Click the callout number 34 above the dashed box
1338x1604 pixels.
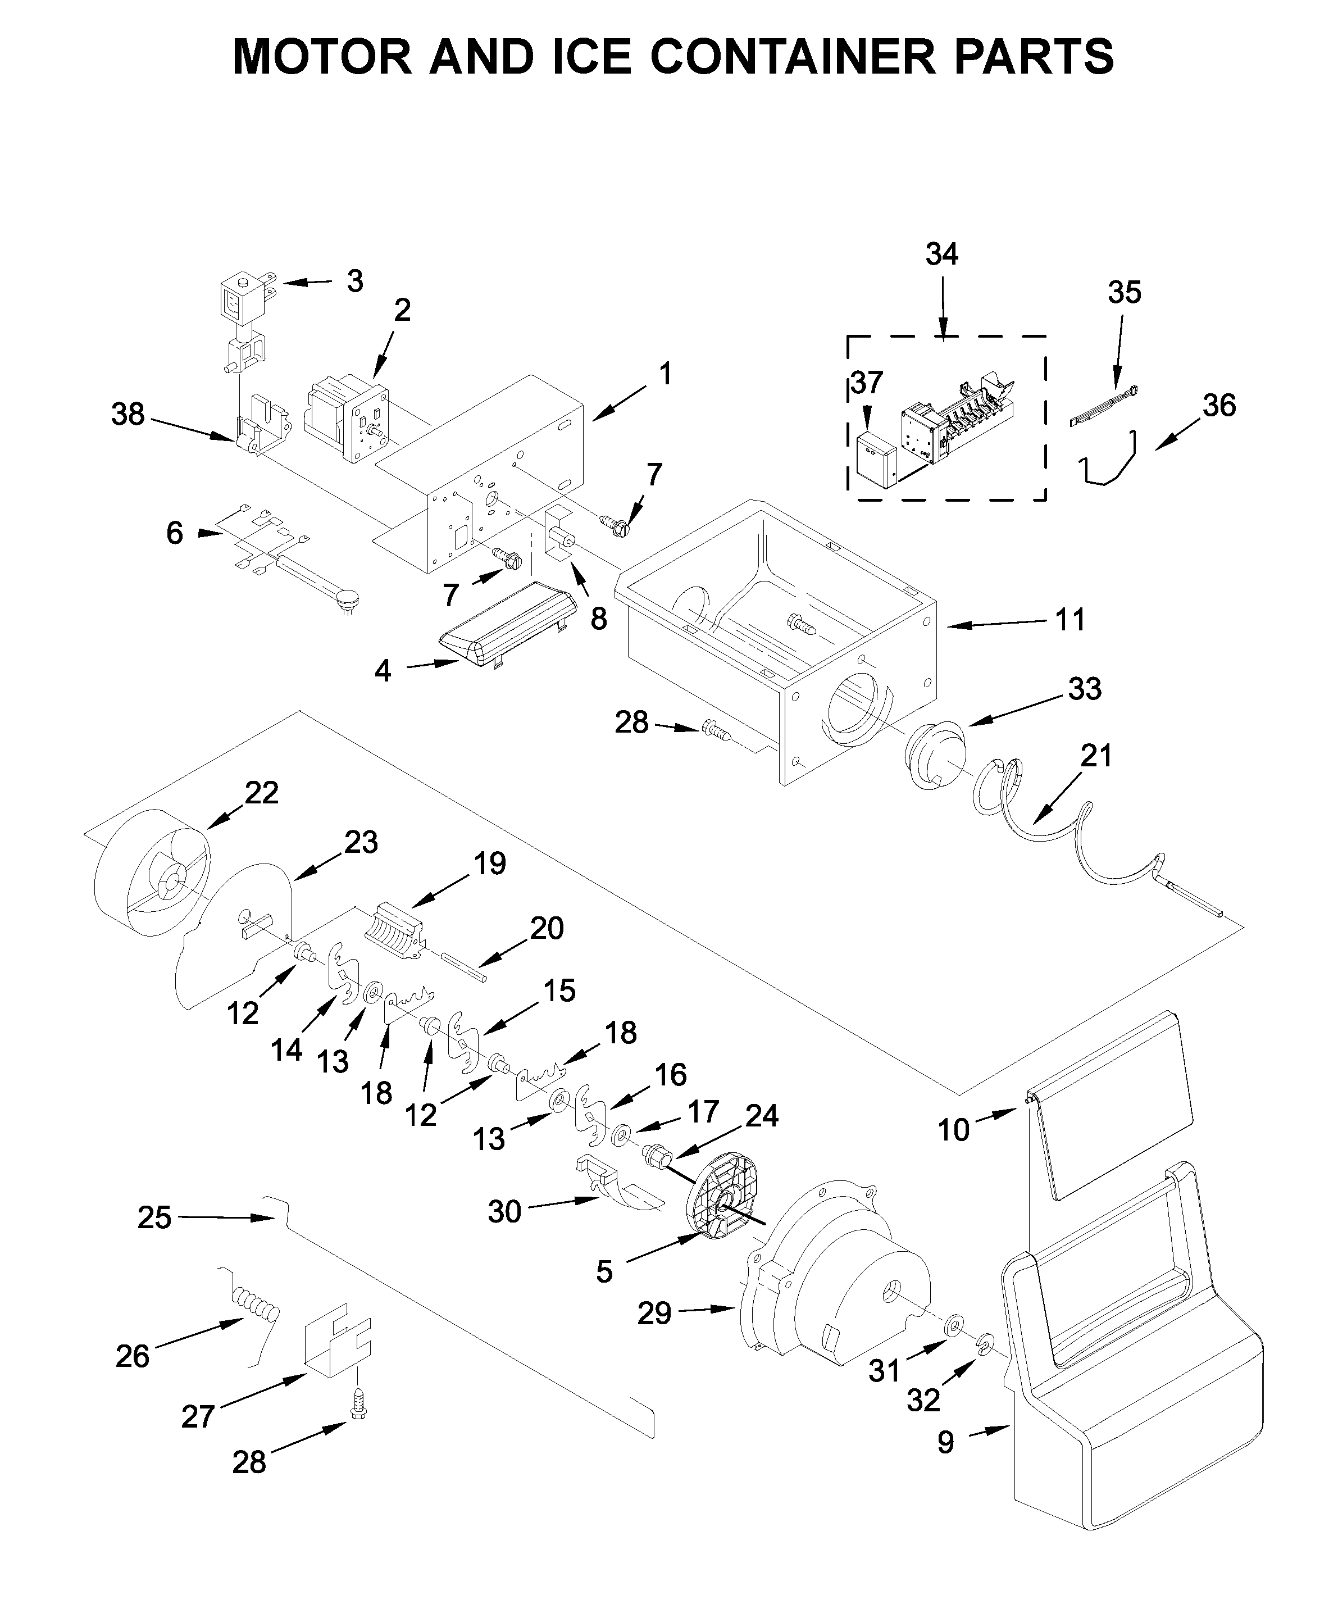point(941,255)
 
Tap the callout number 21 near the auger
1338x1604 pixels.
point(1096,756)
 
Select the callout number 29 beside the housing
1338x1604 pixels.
point(654,1314)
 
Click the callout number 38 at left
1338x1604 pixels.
point(128,415)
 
